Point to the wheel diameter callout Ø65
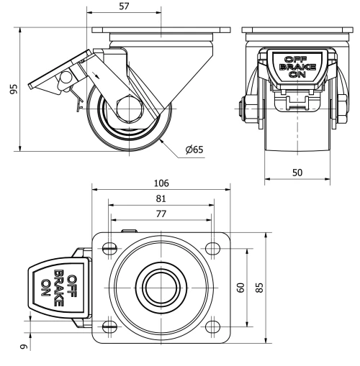point(194,150)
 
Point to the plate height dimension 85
point(260,288)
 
